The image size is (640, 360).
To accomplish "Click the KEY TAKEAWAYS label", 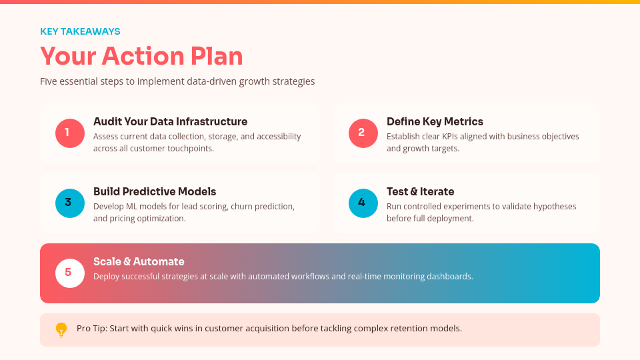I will click(80, 31).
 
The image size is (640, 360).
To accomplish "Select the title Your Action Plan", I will click(141, 56).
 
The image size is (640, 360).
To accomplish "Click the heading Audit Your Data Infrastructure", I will click(170, 122).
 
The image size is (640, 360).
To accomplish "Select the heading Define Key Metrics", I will click(435, 122).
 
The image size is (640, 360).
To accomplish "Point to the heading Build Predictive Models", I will click(155, 192).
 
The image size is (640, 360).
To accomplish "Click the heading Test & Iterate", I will click(420, 192).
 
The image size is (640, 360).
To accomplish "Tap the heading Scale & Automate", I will click(139, 262).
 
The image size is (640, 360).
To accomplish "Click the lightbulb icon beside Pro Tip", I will click(61, 329).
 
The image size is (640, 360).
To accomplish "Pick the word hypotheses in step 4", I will click(553, 207).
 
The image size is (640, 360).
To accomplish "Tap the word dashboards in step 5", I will click(450, 277).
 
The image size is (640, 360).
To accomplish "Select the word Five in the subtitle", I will click(49, 81).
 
